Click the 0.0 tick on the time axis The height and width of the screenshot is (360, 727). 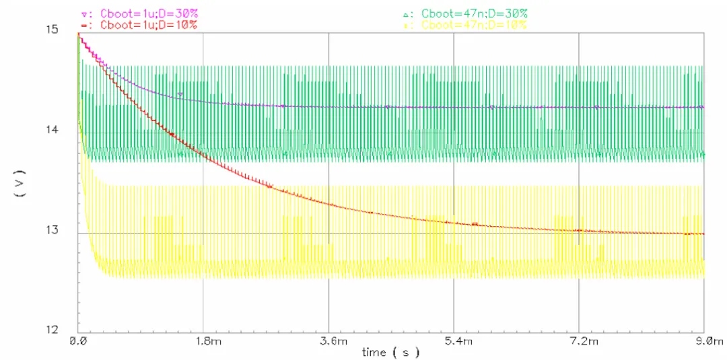(79, 342)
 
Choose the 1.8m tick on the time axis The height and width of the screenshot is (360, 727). (204, 342)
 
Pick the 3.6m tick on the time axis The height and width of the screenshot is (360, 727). (328, 342)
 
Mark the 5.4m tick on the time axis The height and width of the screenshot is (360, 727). (454, 342)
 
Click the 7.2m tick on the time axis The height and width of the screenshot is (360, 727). (579, 342)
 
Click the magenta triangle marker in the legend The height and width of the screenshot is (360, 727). (83, 14)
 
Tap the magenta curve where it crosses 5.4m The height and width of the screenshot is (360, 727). (454, 107)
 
